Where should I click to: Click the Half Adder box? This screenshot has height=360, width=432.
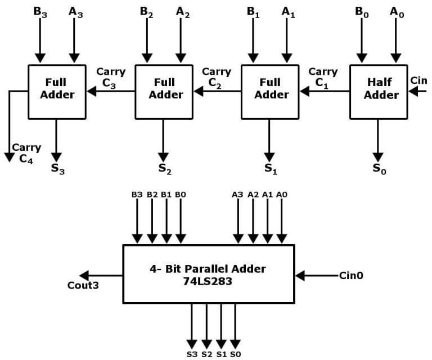tap(378, 91)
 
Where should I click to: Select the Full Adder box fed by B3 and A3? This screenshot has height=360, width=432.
tap(57, 91)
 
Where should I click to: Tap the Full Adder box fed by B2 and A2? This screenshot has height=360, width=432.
tap(164, 91)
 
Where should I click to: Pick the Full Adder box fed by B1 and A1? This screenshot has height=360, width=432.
tap(270, 91)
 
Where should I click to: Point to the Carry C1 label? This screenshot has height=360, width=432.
tap(323, 77)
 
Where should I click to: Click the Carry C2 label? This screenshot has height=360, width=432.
tap(217, 77)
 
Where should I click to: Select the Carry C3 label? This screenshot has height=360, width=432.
tap(111, 77)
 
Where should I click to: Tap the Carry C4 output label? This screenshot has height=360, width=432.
tap(26, 153)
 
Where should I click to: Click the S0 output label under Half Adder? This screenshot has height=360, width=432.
tap(379, 168)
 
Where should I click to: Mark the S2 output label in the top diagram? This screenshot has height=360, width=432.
tap(164, 168)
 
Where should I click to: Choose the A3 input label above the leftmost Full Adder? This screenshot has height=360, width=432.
tap(76, 11)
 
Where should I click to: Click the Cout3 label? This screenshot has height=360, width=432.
tap(83, 285)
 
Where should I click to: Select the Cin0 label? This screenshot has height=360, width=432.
tap(352, 276)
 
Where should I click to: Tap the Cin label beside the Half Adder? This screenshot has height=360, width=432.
tap(418, 80)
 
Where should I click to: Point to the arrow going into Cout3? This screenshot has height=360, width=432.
tap(101, 276)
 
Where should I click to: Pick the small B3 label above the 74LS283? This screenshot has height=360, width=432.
tap(137, 194)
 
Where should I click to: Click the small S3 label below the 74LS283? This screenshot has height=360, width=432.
tap(192, 354)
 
